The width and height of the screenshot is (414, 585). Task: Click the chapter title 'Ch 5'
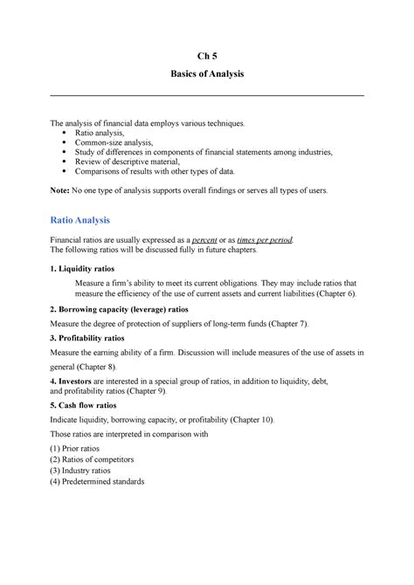(207, 57)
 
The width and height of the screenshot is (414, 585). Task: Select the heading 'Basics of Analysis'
(207, 76)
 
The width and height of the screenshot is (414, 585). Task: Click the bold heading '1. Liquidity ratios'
(83, 267)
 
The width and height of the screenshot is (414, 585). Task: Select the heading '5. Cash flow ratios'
(87, 405)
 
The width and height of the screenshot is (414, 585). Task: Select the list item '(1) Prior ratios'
(83, 449)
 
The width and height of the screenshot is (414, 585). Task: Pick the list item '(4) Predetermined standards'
(108, 481)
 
